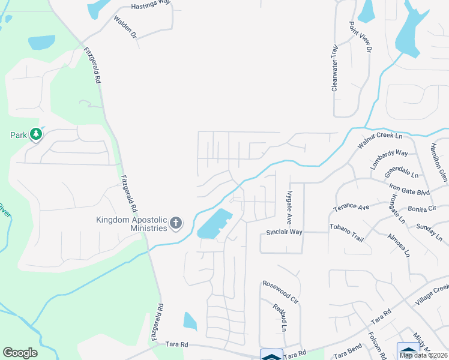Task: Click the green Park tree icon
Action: pyautogui.click(x=36, y=135)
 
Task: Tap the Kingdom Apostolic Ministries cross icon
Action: pyautogui.click(x=176, y=224)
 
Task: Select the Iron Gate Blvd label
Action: pyautogui.click(x=410, y=184)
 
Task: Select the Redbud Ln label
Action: pyautogui.click(x=280, y=318)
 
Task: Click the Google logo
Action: pyautogui.click(x=20, y=353)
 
